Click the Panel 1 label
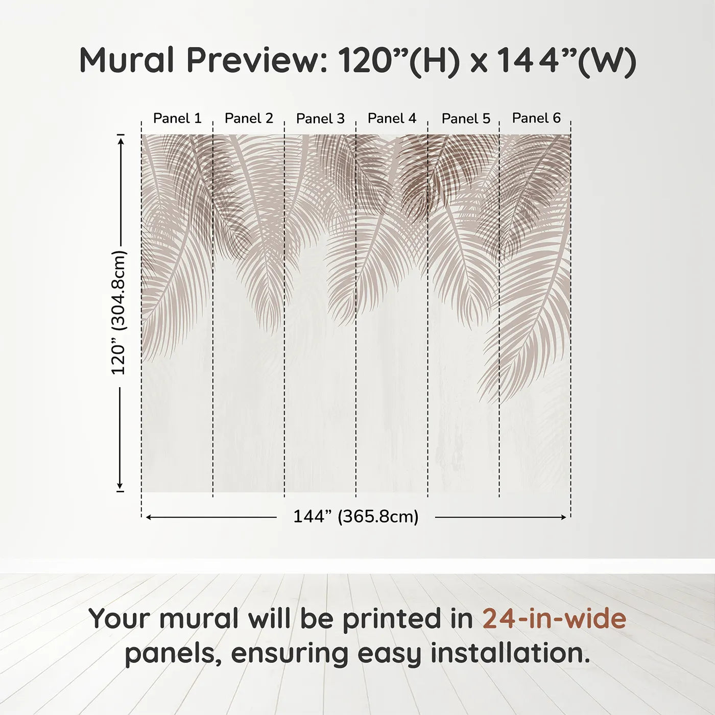point(177,118)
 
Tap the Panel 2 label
point(249,118)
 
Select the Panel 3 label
point(320,118)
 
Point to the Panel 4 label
point(392,118)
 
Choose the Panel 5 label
point(466,118)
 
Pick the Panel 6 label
point(536,118)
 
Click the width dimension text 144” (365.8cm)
point(355,517)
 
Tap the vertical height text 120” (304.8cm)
point(118,313)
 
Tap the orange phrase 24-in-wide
point(554,619)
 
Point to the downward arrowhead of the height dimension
point(121,486)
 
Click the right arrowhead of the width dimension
point(564,517)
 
